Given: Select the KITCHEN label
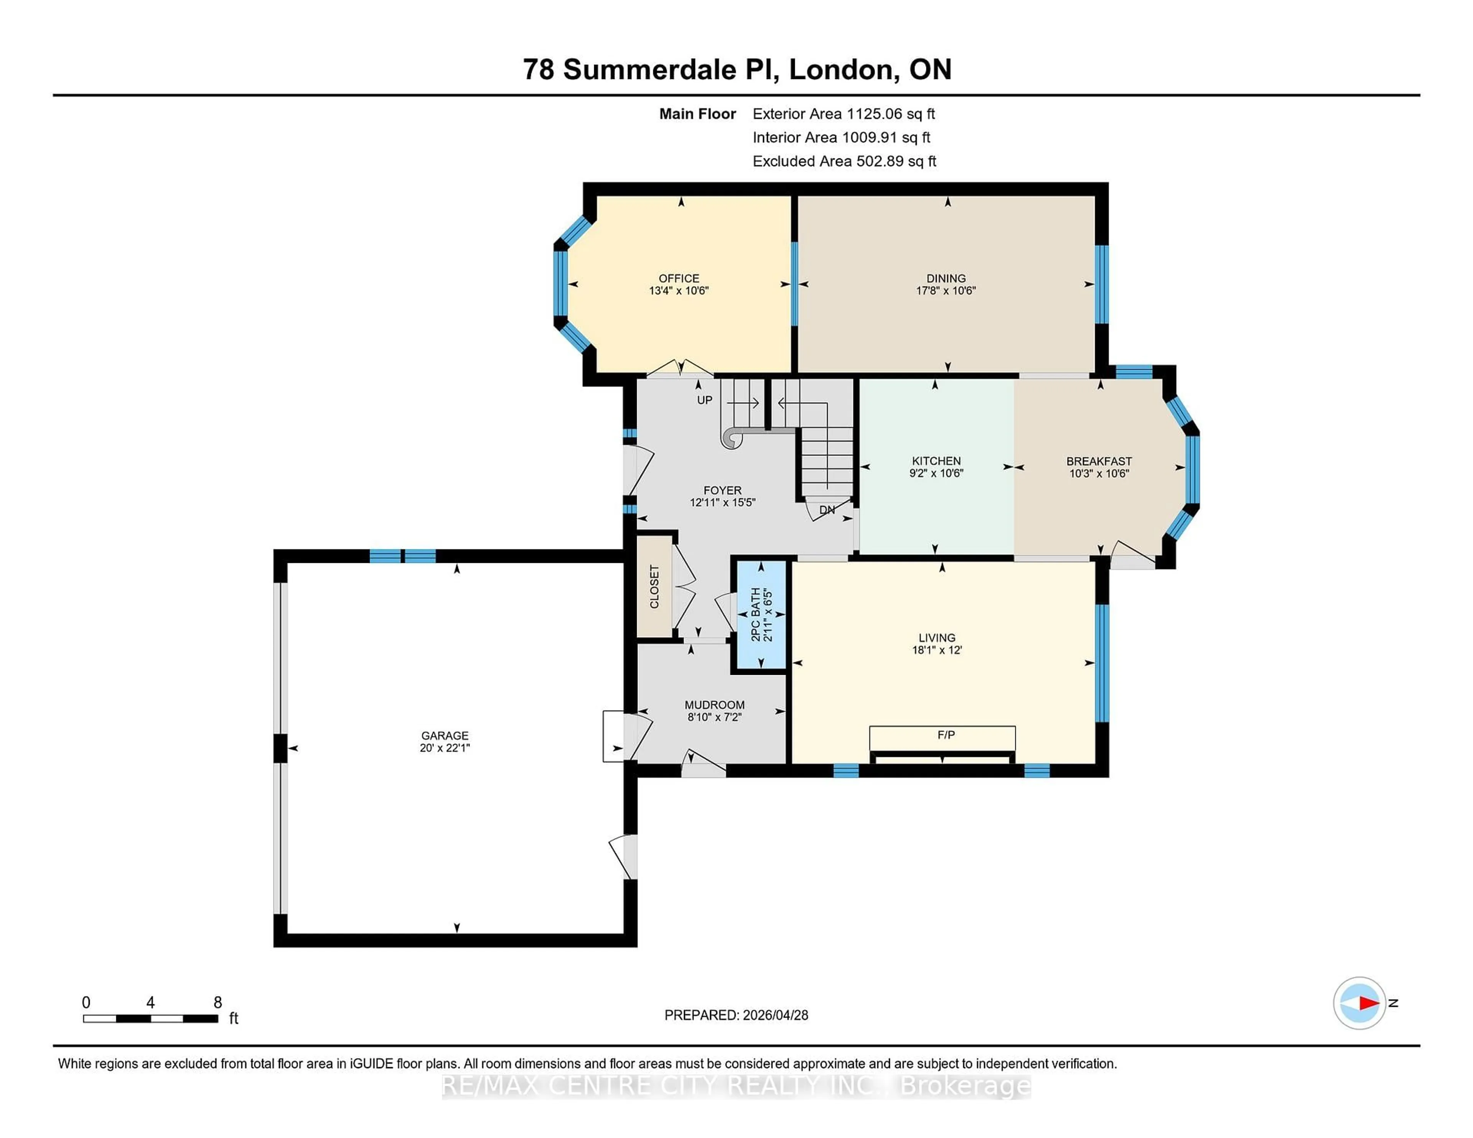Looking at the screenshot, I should [936, 461].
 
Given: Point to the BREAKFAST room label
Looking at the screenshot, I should [1099, 461].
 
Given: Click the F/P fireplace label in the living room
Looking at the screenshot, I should [946, 735].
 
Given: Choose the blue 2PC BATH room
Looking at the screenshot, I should [761, 615].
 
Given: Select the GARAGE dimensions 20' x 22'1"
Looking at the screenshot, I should [445, 748].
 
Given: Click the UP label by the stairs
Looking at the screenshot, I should [704, 400].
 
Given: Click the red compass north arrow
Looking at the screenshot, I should [1368, 1003].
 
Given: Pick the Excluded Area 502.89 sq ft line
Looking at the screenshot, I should [844, 161].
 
